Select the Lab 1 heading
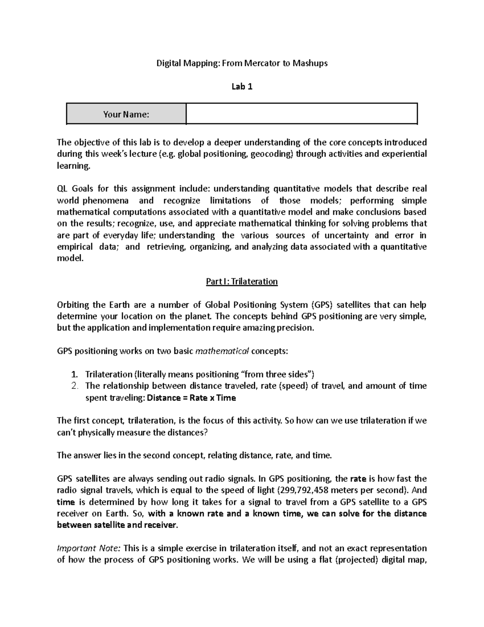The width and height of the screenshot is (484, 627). tap(242, 86)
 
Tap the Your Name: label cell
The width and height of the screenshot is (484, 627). tap(126, 114)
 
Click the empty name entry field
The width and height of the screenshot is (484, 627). tap(301, 113)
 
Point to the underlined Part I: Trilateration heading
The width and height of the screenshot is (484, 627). tap(242, 281)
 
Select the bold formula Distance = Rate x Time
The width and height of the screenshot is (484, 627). tap(192, 398)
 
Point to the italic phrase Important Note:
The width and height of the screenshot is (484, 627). tap(89, 548)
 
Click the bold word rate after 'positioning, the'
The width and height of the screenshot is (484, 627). tap(358, 479)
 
